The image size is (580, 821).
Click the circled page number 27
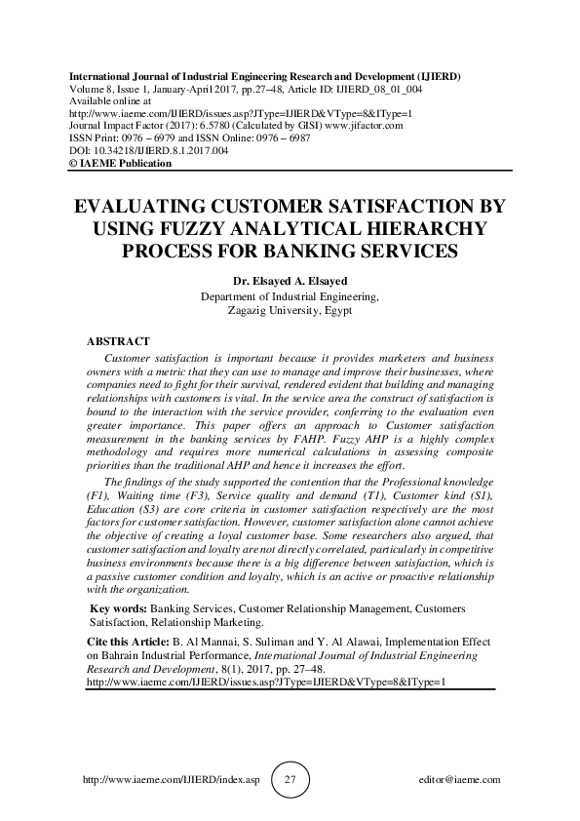tap(290, 780)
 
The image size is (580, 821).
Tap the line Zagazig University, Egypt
tap(290, 311)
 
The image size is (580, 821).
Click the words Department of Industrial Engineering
tap(290, 297)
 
